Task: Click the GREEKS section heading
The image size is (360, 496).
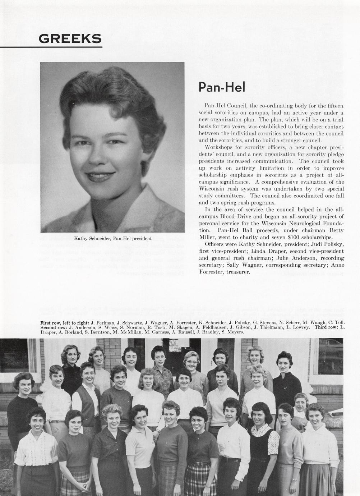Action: tap(70, 38)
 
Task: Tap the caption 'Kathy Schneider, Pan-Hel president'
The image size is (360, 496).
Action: tap(113, 238)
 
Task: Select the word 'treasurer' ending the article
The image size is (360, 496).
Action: tap(237, 272)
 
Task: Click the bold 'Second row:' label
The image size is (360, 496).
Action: tap(54, 327)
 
